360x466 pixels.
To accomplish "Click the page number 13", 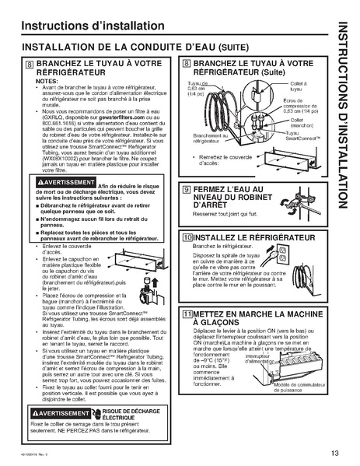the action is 334,454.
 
